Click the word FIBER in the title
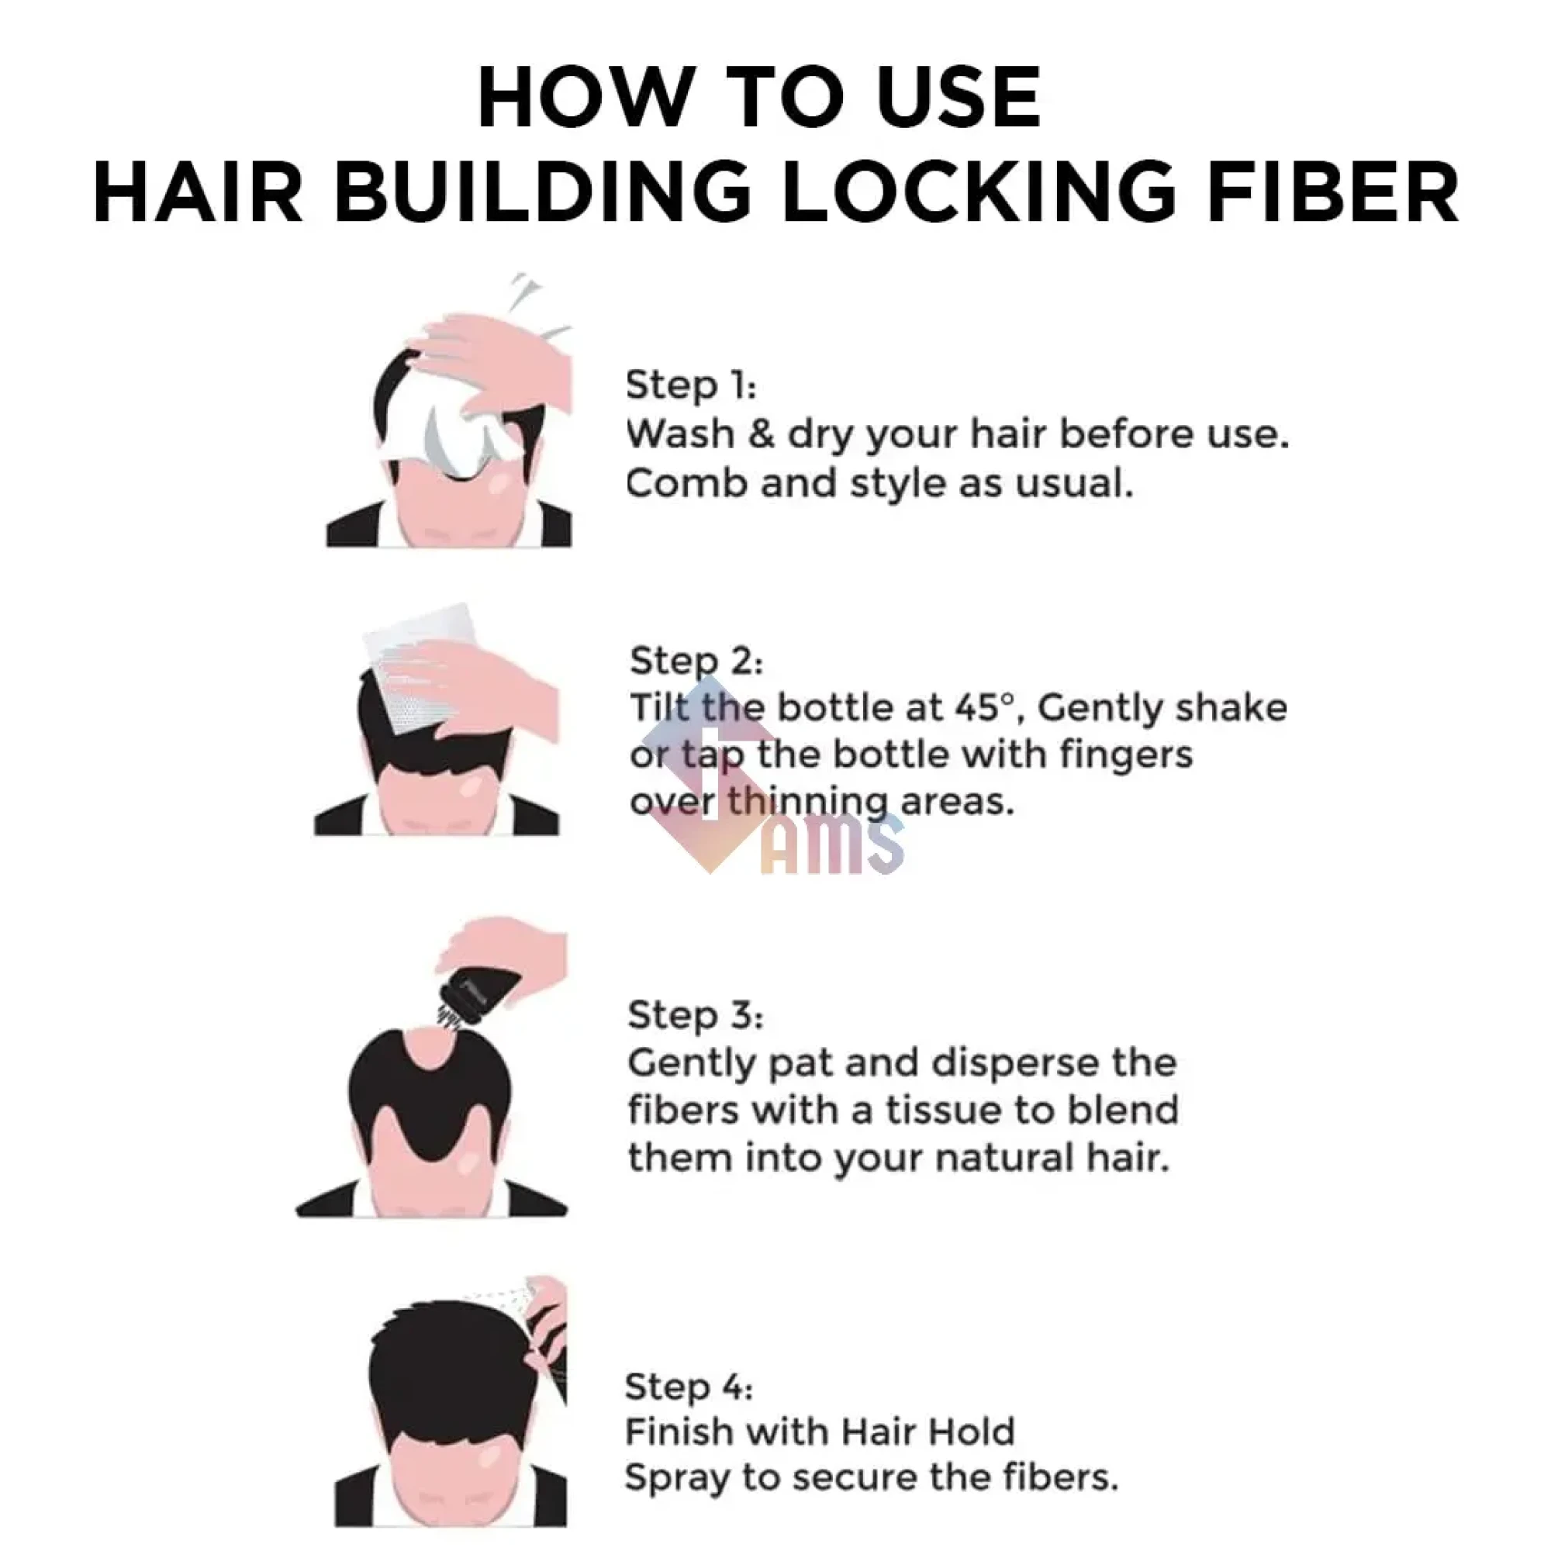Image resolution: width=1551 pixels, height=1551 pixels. [1332, 192]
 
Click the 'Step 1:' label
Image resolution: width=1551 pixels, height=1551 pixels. [690, 385]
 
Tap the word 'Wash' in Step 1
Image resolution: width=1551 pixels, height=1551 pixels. [679, 435]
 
